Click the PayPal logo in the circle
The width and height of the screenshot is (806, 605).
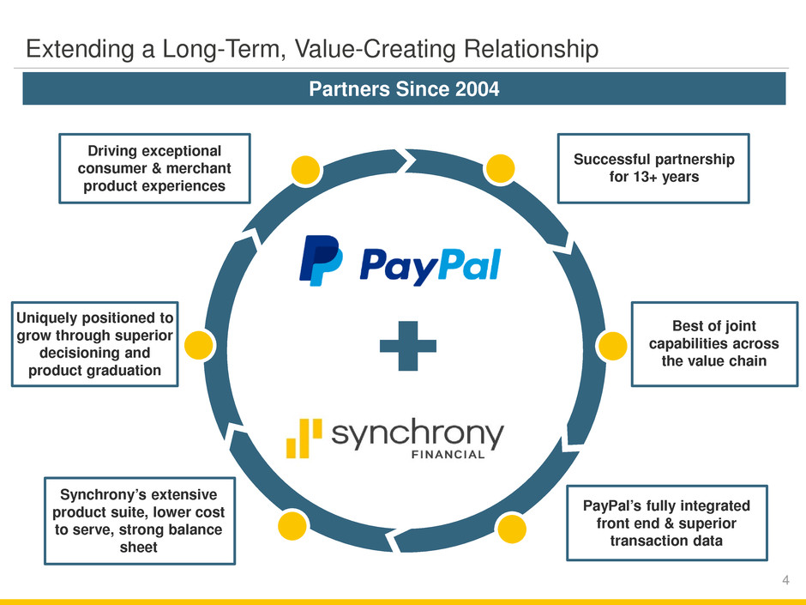coord(399,261)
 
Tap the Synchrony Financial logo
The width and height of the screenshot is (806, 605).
coord(394,439)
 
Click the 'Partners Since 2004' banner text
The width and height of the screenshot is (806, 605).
coord(404,88)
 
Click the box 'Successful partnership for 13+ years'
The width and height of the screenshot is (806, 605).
coord(653,167)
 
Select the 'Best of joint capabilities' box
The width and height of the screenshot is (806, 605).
coord(713,343)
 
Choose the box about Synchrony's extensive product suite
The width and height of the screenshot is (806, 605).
coord(140,520)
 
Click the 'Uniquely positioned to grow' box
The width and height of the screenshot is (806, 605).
coord(94,344)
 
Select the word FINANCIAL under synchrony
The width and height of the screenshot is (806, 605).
coord(449,453)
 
